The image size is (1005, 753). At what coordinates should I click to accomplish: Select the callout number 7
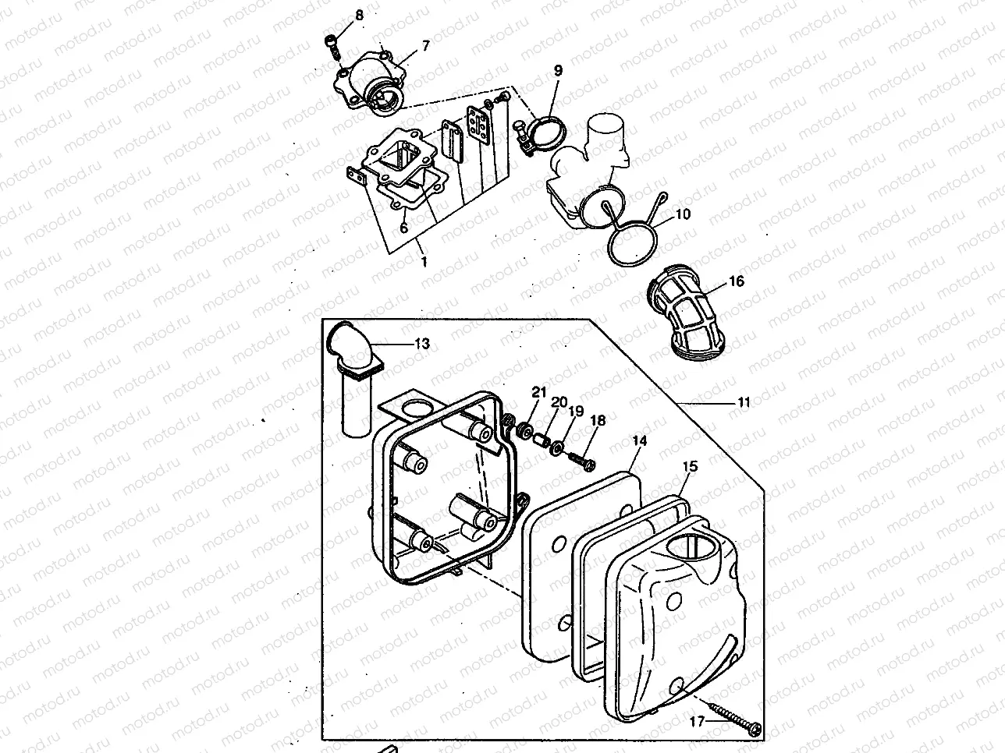click(425, 46)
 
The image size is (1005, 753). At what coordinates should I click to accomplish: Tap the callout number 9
click(558, 70)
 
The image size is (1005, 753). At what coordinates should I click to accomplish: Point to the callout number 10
click(683, 214)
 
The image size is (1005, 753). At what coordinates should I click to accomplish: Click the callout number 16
click(737, 281)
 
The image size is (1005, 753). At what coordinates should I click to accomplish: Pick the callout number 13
click(421, 343)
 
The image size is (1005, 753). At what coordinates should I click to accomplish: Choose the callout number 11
click(744, 402)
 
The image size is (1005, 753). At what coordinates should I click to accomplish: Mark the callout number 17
click(697, 721)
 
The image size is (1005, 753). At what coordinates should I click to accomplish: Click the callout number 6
click(403, 228)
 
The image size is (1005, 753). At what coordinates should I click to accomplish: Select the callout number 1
click(424, 263)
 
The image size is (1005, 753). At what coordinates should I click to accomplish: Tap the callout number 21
click(538, 391)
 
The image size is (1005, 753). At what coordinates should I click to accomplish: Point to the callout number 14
click(639, 441)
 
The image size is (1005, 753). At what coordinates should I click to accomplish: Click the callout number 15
click(691, 466)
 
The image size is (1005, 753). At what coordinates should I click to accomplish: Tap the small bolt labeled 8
click(334, 46)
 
